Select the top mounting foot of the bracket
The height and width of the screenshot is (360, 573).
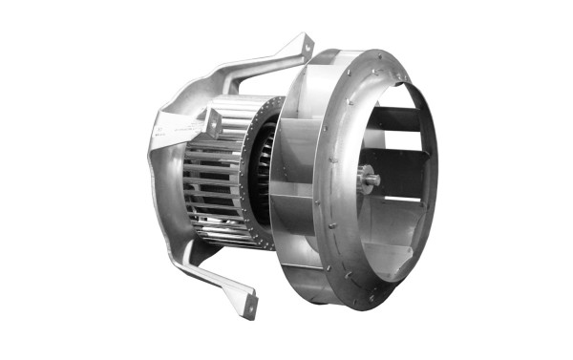pos(304,45)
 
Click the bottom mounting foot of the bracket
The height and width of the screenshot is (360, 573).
pos(249,306)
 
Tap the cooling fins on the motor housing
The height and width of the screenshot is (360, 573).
pos(205,191)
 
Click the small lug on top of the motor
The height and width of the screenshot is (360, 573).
pos(212,121)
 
